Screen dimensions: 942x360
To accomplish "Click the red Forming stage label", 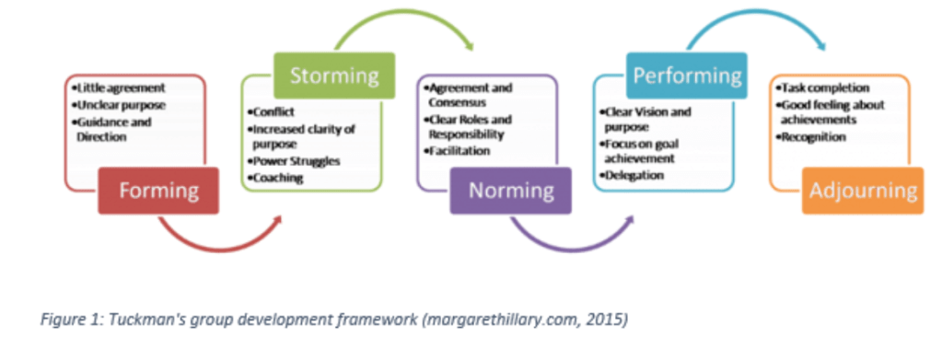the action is point(158,191).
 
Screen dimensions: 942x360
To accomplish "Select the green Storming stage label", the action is point(334,75).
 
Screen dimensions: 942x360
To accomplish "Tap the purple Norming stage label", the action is point(511,191).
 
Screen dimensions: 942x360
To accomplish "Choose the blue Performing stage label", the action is point(687,75).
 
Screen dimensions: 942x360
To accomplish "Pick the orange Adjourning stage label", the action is point(863,191).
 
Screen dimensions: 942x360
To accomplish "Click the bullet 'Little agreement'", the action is point(121,87).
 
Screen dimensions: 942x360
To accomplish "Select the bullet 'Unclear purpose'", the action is point(121,105).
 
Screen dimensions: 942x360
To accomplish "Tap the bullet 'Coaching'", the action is point(274,178).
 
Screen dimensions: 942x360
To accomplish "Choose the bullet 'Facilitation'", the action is point(456,151).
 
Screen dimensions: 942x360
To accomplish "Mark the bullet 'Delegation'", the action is point(632,176).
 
